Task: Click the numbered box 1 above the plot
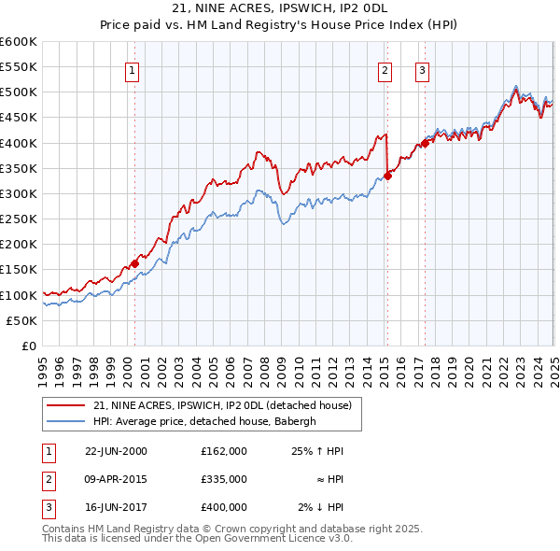(x=133, y=69)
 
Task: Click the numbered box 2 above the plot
(x=385, y=69)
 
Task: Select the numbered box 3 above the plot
(x=423, y=69)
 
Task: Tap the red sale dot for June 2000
(x=134, y=263)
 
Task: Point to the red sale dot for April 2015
(x=387, y=176)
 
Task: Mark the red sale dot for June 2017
(x=425, y=143)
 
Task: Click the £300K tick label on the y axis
(x=19, y=193)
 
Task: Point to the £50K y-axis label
(x=22, y=320)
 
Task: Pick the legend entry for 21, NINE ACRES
(x=221, y=405)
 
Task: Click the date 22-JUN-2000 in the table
(x=115, y=451)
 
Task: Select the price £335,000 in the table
(x=223, y=479)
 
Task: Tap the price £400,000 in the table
(x=223, y=507)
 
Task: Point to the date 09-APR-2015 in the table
(x=115, y=479)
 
